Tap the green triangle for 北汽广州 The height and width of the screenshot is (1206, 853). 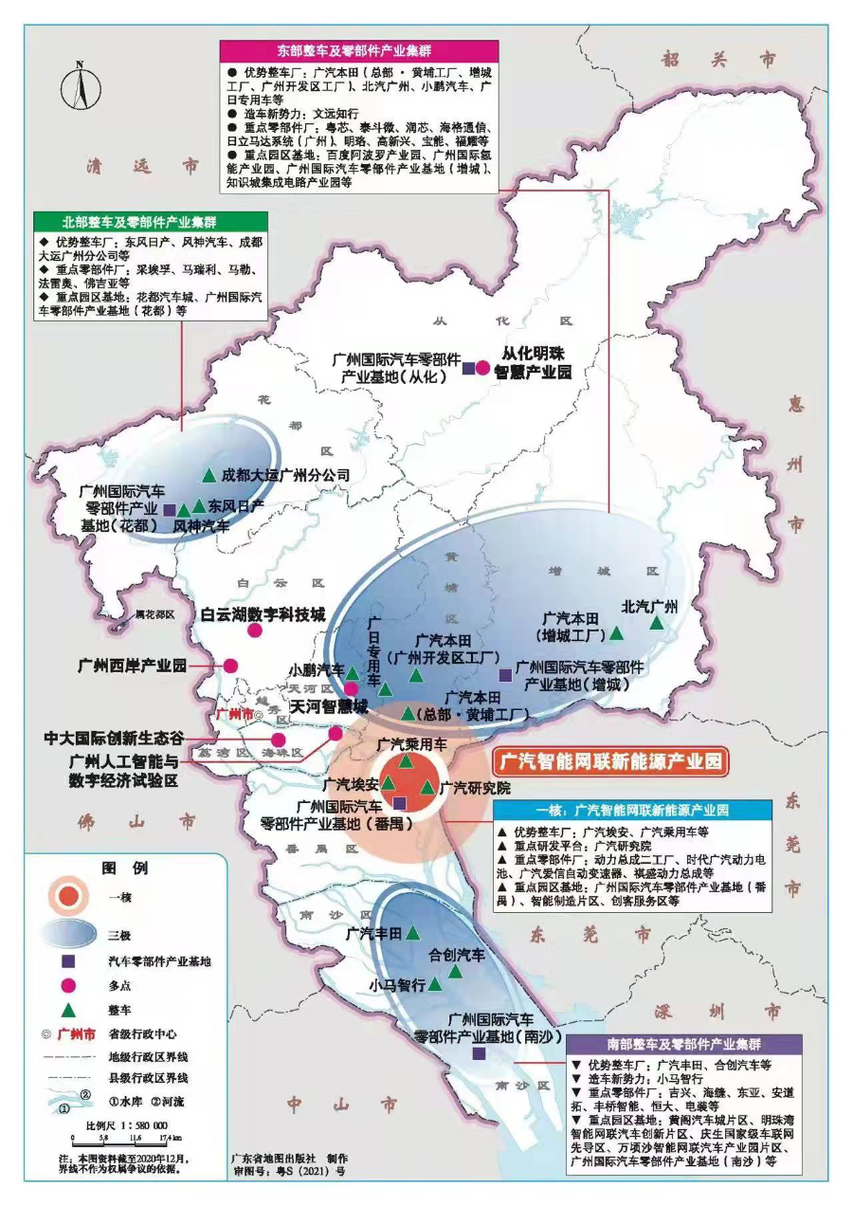[x=656, y=623]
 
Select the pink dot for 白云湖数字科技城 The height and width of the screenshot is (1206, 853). [x=254, y=630]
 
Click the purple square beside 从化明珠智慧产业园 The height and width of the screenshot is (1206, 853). [x=468, y=368]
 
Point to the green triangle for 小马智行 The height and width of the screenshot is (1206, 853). [x=435, y=984]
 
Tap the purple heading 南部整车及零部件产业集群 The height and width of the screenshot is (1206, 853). [x=682, y=1043]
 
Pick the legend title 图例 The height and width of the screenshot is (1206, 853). [x=124, y=868]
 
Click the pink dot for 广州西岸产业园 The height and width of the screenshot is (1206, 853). [x=230, y=666]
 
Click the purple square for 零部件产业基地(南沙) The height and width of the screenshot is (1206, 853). [x=479, y=1053]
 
